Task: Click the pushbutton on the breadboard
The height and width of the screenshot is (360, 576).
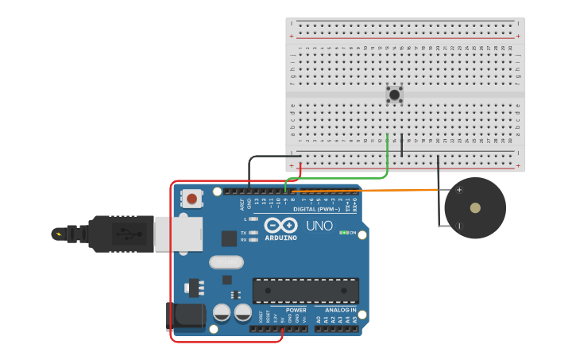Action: (394, 95)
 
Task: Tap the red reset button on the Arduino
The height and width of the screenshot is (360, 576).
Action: (191, 198)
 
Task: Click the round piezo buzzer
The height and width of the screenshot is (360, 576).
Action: (474, 208)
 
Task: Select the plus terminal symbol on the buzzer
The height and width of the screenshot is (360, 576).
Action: (458, 190)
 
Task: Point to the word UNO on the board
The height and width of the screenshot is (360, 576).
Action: (319, 226)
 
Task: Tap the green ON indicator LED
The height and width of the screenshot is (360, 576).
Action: (343, 232)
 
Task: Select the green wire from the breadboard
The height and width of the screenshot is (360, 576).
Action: (387, 159)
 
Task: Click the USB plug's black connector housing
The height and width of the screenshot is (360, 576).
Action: (119, 234)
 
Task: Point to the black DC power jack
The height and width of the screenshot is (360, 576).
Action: (184, 316)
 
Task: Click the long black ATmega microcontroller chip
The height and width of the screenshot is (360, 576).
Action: (305, 290)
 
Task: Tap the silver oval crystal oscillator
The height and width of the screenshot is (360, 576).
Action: (226, 261)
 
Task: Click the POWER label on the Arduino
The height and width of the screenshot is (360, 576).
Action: (296, 310)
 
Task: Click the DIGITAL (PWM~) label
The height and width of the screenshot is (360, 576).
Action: (316, 209)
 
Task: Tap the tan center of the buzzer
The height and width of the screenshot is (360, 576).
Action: (475, 208)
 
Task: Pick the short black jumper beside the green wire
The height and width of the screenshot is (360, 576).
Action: (402, 146)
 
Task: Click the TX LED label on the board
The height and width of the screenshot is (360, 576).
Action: (243, 232)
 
